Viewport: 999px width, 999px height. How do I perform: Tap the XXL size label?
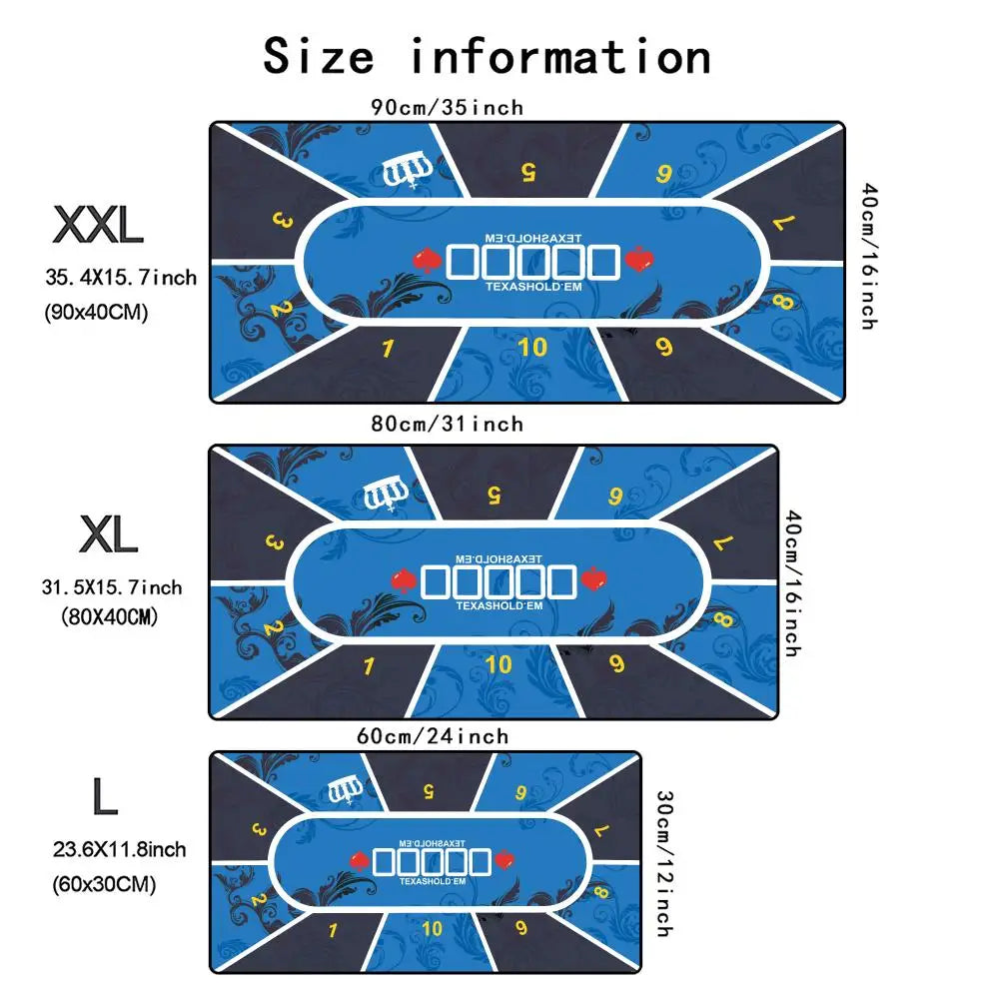(x=98, y=226)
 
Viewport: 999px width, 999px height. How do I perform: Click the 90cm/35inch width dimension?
(x=447, y=107)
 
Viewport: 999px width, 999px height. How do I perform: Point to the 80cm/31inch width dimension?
(x=447, y=425)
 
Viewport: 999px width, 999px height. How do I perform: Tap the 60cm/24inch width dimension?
(x=433, y=736)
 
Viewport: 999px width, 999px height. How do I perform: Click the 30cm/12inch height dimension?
(x=662, y=864)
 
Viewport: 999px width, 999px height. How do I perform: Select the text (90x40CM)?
(x=97, y=313)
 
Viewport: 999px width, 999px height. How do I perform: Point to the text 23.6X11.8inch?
(x=119, y=850)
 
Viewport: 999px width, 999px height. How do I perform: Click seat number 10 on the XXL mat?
(x=533, y=347)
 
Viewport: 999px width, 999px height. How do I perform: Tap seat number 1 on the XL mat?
(x=369, y=666)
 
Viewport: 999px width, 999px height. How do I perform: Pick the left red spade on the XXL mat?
(x=427, y=262)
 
